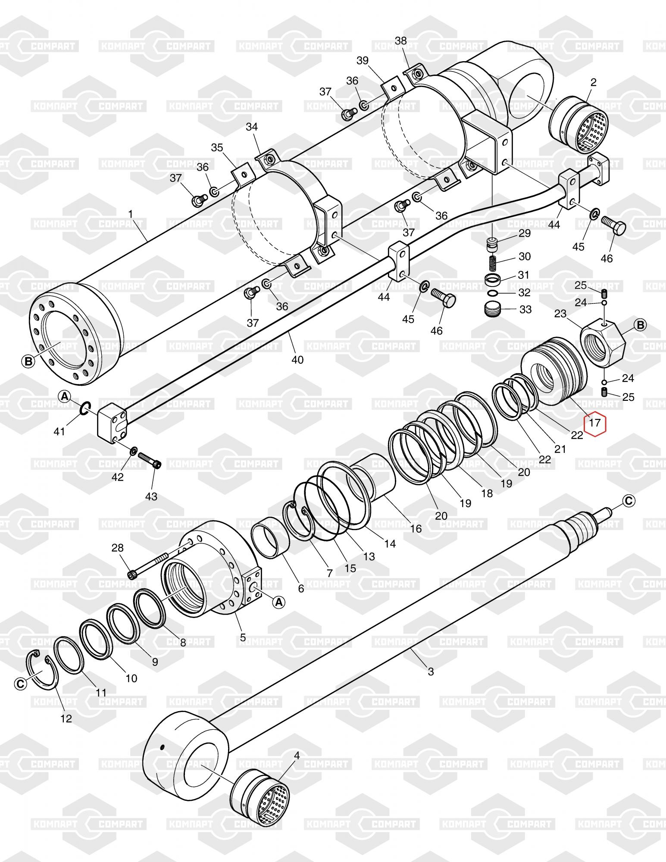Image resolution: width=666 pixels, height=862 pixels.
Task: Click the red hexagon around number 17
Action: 594,423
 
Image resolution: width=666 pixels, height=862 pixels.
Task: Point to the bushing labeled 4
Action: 260,794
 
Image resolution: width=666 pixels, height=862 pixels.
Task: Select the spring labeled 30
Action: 494,261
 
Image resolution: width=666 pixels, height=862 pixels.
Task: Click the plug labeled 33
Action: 493,309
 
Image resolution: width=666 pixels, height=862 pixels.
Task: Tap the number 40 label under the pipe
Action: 297,359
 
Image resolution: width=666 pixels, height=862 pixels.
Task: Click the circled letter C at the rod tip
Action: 628,500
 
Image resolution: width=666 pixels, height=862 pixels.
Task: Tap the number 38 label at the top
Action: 400,41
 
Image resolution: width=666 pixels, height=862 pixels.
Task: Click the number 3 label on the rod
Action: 431,671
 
